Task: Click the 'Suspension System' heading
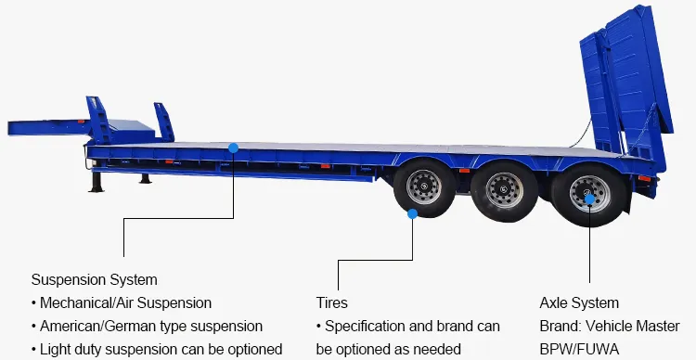(94, 279)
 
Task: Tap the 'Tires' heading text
(332, 303)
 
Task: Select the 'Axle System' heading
(579, 303)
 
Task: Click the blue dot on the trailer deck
(233, 147)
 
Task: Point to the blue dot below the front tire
(413, 212)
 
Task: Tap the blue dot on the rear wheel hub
(589, 198)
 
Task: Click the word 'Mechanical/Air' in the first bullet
(84, 303)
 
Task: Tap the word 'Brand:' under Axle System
(560, 327)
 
